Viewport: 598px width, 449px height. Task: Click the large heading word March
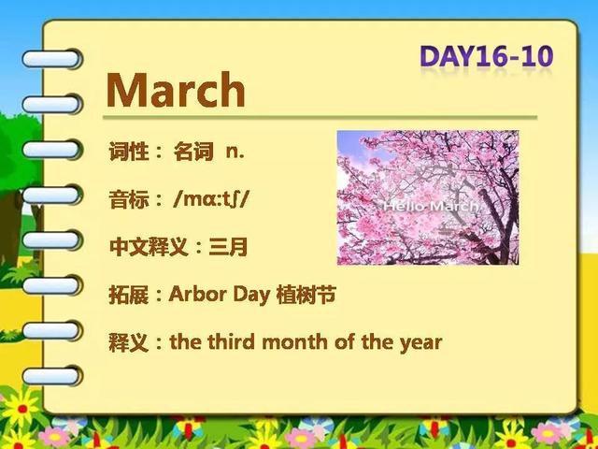point(176,90)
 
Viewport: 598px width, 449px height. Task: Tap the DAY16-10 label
point(486,56)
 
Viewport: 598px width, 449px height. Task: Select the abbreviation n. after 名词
point(235,152)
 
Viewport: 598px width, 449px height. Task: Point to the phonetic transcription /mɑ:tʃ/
point(210,199)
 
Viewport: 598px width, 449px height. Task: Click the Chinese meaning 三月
point(228,247)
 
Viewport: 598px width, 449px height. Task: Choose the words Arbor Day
point(220,295)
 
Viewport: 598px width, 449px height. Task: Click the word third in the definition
point(232,341)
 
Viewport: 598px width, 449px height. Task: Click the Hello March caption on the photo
point(431,207)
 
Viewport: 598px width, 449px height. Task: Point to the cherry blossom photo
point(428,197)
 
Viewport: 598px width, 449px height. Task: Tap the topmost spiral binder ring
point(51,59)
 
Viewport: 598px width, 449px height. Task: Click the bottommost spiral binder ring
point(51,375)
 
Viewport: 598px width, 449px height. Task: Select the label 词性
point(129,152)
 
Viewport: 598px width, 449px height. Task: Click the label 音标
point(129,199)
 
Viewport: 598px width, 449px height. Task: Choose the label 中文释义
point(149,247)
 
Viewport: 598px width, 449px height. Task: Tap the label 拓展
point(129,296)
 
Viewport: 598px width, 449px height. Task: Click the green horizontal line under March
point(320,118)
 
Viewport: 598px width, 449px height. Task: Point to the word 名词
point(193,152)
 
